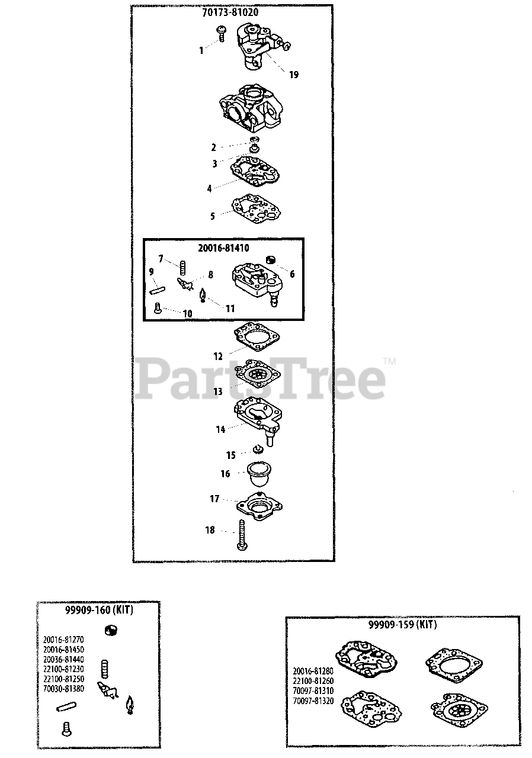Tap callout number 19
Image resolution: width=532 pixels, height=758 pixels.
point(294,75)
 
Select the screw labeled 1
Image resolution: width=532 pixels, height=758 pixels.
point(222,33)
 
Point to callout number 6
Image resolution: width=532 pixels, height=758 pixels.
point(291,274)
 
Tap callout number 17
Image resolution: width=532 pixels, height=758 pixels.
point(214,499)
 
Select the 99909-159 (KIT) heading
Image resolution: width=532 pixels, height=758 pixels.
point(402,625)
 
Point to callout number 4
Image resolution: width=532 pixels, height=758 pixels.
point(209,189)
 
